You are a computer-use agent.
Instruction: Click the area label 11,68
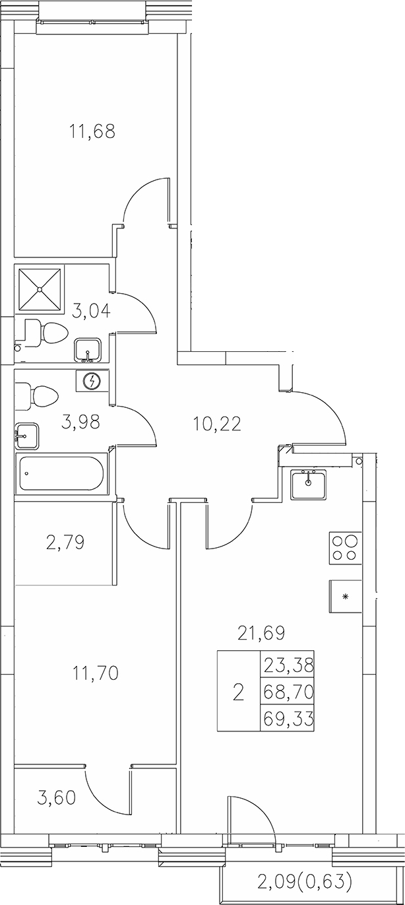pyautogui.click(x=92, y=131)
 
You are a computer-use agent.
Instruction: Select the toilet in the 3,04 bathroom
pyautogui.click(x=46, y=331)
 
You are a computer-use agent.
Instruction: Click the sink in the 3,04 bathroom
pyautogui.click(x=87, y=350)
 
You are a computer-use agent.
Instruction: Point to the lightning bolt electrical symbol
pyautogui.click(x=93, y=382)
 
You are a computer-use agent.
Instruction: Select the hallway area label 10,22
pyautogui.click(x=217, y=422)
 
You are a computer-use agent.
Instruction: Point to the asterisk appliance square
pyautogui.click(x=346, y=597)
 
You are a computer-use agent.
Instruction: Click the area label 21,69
pyautogui.click(x=261, y=634)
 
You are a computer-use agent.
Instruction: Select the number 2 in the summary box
pyautogui.click(x=239, y=692)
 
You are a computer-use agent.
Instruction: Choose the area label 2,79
pyautogui.click(x=65, y=544)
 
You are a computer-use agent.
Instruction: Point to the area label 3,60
pyautogui.click(x=56, y=797)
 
